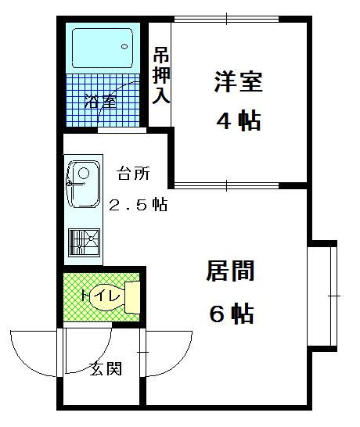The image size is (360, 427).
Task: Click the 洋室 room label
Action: [x=239, y=81]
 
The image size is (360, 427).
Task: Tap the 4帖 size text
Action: [x=239, y=121]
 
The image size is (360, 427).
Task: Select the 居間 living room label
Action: [x=230, y=271]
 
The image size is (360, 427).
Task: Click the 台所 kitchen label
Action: [x=134, y=174]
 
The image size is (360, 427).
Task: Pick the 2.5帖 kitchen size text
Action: [x=139, y=205]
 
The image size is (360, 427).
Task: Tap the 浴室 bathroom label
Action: [x=101, y=101]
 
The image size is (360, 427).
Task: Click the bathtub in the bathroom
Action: [x=103, y=48]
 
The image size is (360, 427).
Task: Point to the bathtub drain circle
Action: [x=124, y=47]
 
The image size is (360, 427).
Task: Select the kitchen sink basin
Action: [x=84, y=184]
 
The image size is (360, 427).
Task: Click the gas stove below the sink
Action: [x=84, y=242]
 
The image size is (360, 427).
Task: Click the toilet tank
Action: [x=132, y=297]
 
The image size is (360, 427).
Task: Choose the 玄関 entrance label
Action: [x=106, y=368]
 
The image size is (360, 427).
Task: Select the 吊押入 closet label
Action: [x=161, y=76]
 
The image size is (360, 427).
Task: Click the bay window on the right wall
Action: [x=322, y=296]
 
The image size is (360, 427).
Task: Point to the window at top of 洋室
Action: [x=227, y=19]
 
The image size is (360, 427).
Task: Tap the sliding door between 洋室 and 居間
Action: [x=227, y=185]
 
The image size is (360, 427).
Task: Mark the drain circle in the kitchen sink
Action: [x=84, y=173]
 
